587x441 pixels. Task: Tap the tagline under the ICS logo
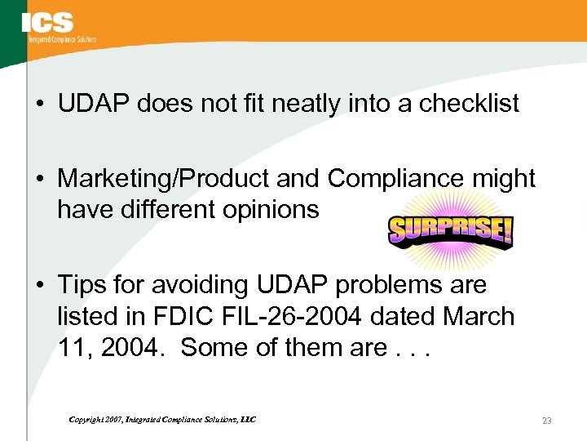62,39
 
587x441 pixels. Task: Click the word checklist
469,104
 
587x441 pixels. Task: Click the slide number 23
546,421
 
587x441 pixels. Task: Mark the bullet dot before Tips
40,286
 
